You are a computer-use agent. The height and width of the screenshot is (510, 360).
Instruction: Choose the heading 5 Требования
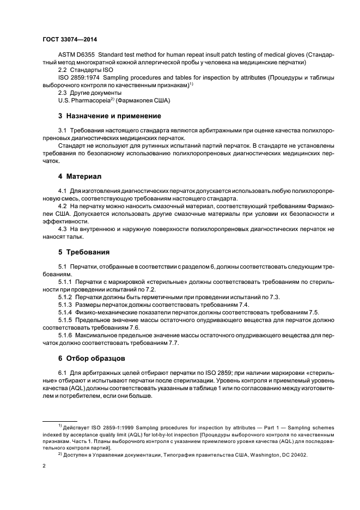tap(84, 252)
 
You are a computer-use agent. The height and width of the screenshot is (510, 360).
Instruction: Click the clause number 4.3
tap(63, 230)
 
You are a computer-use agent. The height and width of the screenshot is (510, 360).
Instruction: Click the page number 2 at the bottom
tap(44, 467)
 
